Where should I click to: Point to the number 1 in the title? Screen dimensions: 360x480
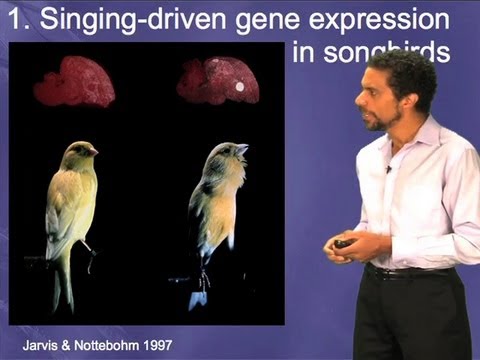click(14, 20)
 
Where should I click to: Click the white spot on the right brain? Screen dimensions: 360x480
click(239, 87)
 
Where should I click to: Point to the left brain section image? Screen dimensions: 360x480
click(75, 82)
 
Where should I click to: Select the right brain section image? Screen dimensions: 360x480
click(218, 81)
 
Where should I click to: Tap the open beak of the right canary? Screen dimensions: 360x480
click(242, 150)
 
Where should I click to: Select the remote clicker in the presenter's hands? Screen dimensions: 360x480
click(342, 243)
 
